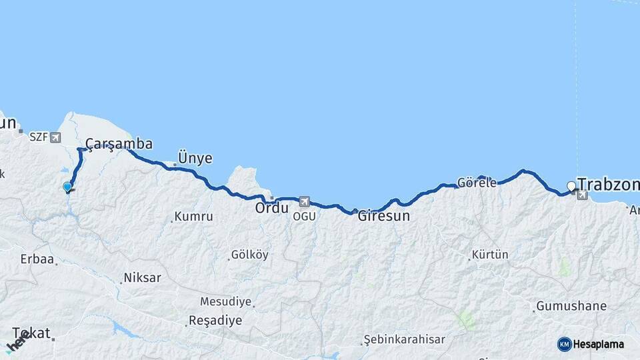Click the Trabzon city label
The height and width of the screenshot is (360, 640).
tap(608, 184)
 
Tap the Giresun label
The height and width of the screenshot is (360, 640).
tap(383, 216)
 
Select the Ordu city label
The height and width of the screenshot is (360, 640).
tap(272, 208)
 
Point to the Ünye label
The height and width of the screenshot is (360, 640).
tap(195, 159)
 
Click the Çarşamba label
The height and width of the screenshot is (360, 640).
tap(119, 144)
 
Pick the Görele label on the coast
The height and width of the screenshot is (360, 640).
tap(477, 183)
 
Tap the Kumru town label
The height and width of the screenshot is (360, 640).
tap(193, 217)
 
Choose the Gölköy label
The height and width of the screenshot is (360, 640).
tap(249, 255)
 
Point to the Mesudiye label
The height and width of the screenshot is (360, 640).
tap(225, 301)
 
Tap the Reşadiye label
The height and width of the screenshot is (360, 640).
tap(215, 321)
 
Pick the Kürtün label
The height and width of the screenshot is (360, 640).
tap(490, 255)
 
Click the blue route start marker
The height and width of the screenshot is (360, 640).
tap(67, 187)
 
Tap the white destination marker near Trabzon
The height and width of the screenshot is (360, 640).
tap(571, 186)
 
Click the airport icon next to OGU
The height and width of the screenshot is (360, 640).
tap(305, 201)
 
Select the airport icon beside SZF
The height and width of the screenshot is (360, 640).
tap(55, 137)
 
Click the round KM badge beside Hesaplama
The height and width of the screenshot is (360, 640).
tap(564, 344)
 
